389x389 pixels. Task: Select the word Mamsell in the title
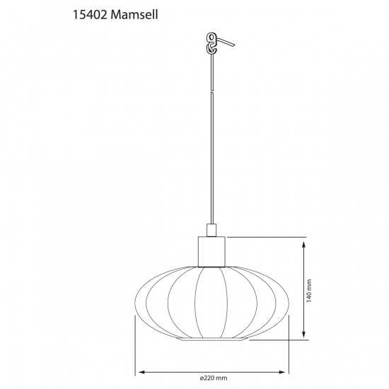coord(134,13)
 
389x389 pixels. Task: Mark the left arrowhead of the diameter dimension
coord(139,371)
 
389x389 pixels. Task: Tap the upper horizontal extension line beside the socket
coord(269,238)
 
